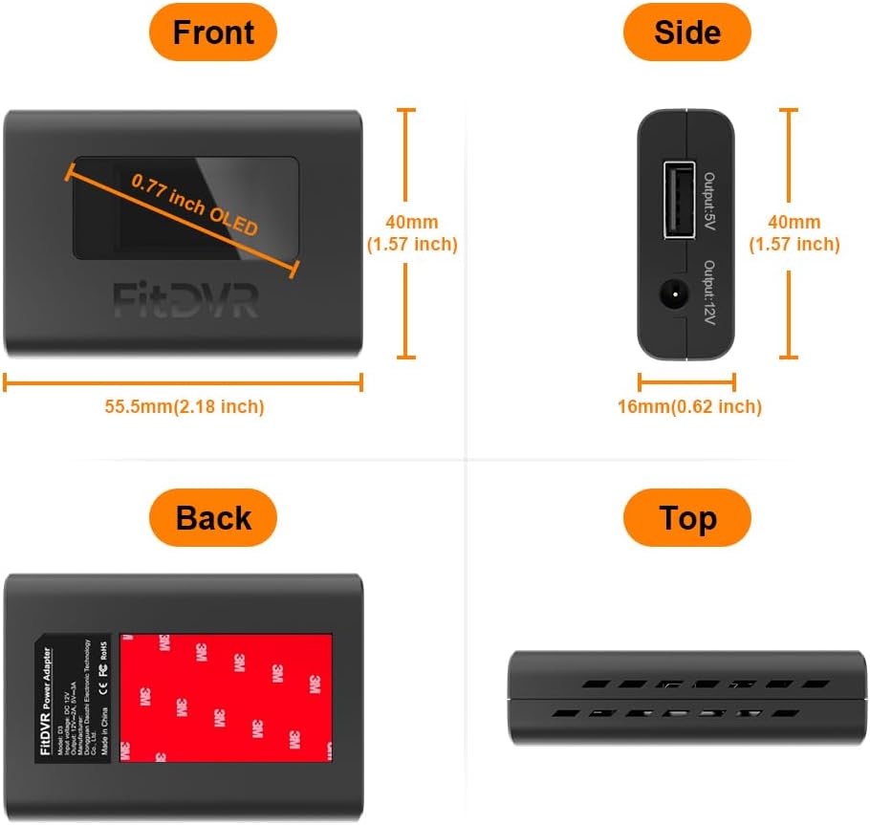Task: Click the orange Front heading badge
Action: [x=212, y=33]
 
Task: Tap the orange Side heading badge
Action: [x=686, y=33]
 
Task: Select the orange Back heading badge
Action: [x=212, y=518]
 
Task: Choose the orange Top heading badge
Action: [x=686, y=518]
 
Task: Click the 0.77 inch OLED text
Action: [x=195, y=204]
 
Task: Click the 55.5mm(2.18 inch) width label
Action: [x=185, y=406]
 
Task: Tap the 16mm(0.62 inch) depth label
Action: [x=689, y=406]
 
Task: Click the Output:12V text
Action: [x=709, y=292]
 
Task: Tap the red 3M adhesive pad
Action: [x=226, y=698]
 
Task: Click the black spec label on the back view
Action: [x=75, y=697]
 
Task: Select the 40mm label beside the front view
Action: [x=411, y=233]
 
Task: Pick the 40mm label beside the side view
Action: [x=794, y=233]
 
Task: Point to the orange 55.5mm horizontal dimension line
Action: [x=184, y=382]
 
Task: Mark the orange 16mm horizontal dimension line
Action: [x=686, y=382]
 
